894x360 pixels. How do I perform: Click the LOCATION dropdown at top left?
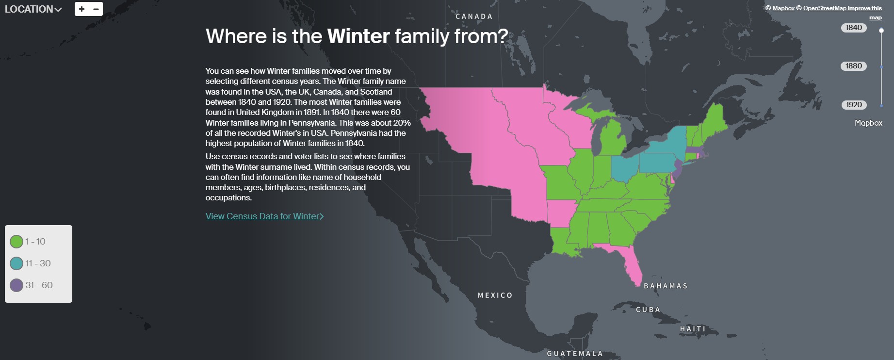tap(33, 9)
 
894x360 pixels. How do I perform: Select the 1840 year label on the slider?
tap(853, 28)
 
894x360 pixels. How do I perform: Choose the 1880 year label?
tap(853, 66)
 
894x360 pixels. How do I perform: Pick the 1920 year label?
tap(853, 105)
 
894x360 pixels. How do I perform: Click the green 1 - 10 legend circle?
tap(16, 242)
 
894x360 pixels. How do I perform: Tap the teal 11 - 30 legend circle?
tap(16, 263)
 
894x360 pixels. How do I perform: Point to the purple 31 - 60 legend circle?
tap(16, 285)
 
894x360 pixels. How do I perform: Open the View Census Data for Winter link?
tap(264, 216)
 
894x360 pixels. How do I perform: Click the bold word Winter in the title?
tap(358, 36)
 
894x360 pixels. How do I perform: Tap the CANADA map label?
tap(474, 16)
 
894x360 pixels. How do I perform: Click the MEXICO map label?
tap(495, 295)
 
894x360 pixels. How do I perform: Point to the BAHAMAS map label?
tap(666, 286)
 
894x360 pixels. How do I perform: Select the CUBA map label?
tap(648, 310)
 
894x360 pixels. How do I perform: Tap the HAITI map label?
tap(693, 329)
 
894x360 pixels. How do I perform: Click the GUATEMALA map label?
tap(575, 354)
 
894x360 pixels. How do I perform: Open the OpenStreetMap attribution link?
tap(825, 8)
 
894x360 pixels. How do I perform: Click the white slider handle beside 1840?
tap(881, 31)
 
